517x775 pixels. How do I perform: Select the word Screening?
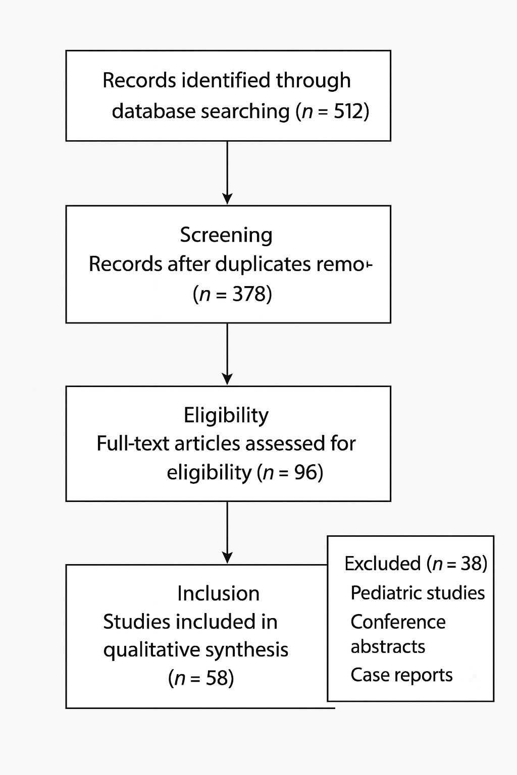tap(226, 235)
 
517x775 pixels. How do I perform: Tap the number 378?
tap(249, 294)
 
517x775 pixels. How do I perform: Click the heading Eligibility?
tap(226, 415)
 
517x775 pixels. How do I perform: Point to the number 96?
tap(305, 473)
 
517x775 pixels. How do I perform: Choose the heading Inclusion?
tap(218, 594)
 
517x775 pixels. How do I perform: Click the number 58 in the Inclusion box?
tap(217, 679)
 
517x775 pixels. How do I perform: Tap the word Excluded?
tap(382, 564)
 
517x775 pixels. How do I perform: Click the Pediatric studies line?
tap(417, 593)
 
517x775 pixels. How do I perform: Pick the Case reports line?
tap(401, 675)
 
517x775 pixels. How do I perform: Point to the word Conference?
tap(398, 622)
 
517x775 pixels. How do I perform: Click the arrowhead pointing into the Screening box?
tap(228, 199)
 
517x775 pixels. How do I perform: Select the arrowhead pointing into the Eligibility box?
tap(228, 379)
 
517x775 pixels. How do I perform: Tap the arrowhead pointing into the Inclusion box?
tap(228, 558)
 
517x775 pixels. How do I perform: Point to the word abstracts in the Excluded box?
tap(388, 647)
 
